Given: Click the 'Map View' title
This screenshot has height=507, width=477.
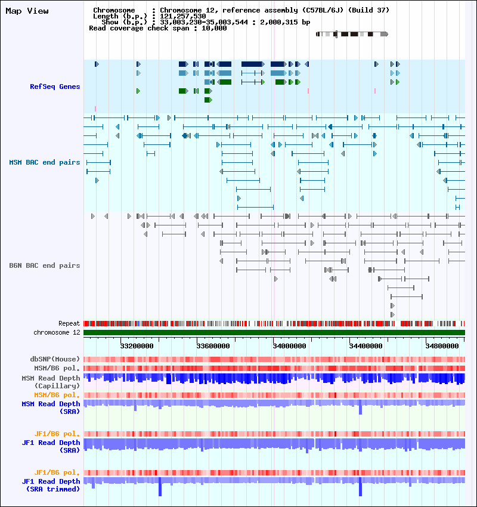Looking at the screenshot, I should (x=27, y=11).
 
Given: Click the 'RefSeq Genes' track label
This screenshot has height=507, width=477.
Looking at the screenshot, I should (x=55, y=86).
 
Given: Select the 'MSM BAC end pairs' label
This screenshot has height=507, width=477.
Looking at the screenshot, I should (x=45, y=162).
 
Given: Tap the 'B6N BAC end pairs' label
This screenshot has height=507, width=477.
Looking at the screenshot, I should (x=45, y=265).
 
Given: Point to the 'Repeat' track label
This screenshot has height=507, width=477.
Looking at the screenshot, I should (x=69, y=323).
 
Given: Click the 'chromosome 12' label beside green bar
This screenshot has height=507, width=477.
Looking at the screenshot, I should (x=57, y=332).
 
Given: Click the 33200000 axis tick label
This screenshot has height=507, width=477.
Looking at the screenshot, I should (x=137, y=345).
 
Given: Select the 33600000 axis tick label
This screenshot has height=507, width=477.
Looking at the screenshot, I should (x=213, y=345).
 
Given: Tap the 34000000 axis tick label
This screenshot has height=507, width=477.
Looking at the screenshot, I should (x=289, y=345).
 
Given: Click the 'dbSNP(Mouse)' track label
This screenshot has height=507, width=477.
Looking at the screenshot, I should (x=55, y=359).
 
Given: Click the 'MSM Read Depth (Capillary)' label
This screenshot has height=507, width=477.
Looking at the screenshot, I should (x=51, y=382).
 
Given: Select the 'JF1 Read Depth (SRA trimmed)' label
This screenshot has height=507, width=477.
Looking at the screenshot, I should (x=51, y=485).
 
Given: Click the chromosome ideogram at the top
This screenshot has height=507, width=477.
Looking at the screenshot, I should (x=352, y=34).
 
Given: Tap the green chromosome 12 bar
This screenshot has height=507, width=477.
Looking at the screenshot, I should (x=274, y=332).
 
